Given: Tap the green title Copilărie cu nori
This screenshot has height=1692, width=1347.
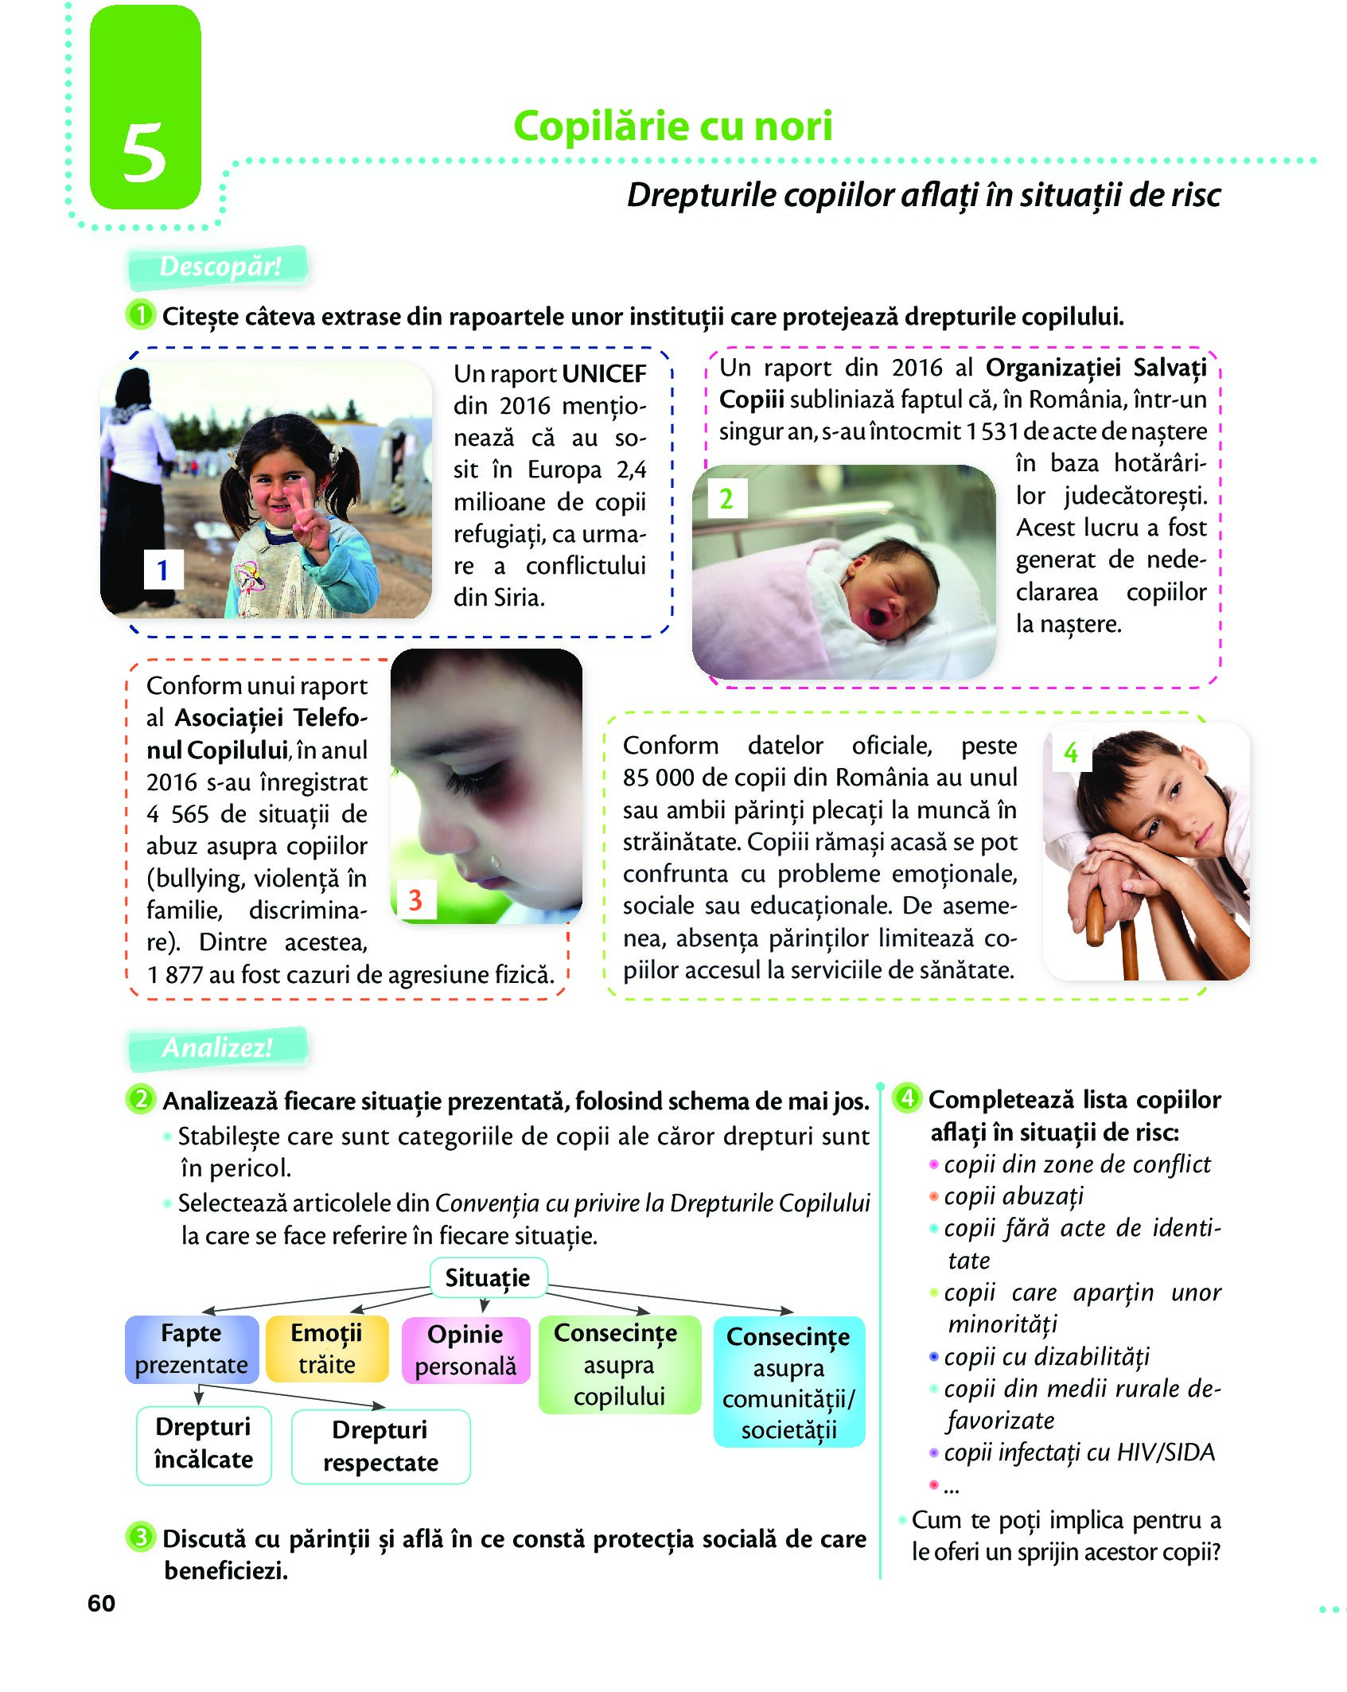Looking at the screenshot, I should (x=672, y=126).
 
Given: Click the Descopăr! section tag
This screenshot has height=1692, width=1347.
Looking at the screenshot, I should (x=219, y=267).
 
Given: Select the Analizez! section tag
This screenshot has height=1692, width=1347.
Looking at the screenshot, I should (x=217, y=1047).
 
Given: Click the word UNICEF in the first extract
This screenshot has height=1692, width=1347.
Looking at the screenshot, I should (x=604, y=373).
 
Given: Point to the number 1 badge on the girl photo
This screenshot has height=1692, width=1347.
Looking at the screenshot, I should (x=162, y=570).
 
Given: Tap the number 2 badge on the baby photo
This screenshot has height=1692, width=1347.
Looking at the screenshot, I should (x=726, y=499).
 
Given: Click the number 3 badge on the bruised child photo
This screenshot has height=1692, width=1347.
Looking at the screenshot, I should (x=415, y=899).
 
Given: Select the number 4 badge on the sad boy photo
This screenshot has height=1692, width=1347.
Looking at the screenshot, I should (x=1070, y=752).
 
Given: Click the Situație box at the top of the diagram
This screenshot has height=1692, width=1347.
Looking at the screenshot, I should (x=488, y=1277).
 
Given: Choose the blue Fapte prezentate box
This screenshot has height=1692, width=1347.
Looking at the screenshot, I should (x=192, y=1349).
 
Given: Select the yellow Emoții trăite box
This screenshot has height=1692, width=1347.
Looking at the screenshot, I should (x=326, y=1349).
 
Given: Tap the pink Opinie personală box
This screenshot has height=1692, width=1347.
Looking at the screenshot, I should (x=465, y=1351).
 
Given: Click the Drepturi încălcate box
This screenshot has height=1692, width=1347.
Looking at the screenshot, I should (x=204, y=1444).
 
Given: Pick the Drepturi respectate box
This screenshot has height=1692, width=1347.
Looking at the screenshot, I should (x=380, y=1446).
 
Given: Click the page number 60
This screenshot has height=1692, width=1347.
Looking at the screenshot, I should (x=101, y=1603).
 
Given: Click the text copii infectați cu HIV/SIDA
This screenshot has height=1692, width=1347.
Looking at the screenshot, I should (x=1079, y=1452).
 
